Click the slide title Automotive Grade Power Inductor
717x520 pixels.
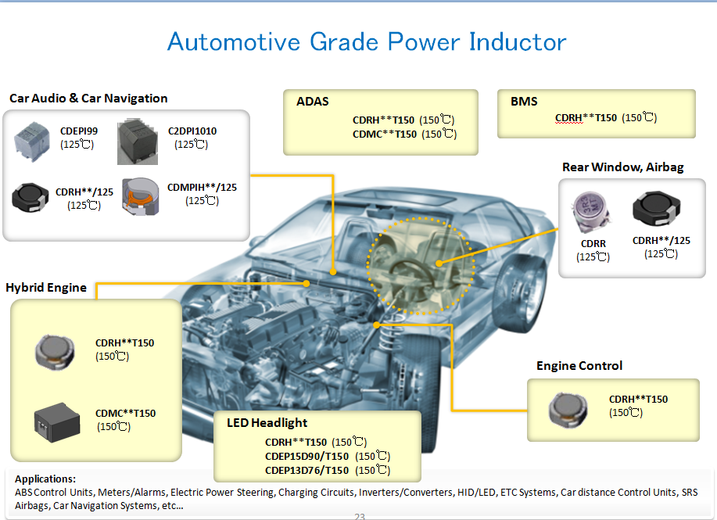[367, 42]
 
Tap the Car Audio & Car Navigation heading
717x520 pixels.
[88, 99]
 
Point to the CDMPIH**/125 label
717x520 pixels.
[202, 188]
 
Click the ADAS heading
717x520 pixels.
[313, 102]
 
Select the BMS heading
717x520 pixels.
[524, 102]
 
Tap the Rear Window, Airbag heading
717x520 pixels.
[622, 167]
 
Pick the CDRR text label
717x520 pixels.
[593, 244]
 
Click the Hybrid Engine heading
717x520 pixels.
[46, 288]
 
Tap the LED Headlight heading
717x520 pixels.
[267, 423]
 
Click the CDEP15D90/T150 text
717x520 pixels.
[307, 457]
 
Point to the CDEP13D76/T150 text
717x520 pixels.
[307, 470]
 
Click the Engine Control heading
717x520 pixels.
[579, 366]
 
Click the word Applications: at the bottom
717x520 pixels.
[45, 479]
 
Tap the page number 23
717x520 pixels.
[360, 516]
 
